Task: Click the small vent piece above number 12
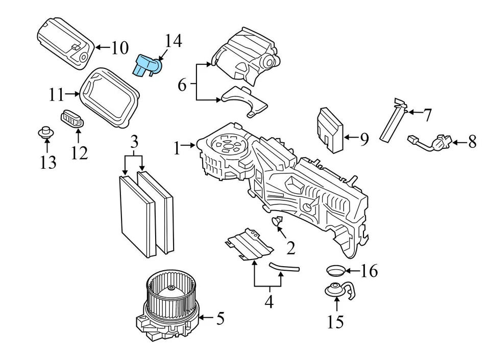point(72,120)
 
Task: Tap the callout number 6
point(182,85)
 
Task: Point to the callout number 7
point(427,115)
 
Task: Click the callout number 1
point(177,148)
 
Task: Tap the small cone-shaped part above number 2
point(277,222)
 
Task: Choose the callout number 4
point(268,302)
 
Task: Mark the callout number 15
point(336,322)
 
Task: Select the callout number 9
point(363,139)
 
